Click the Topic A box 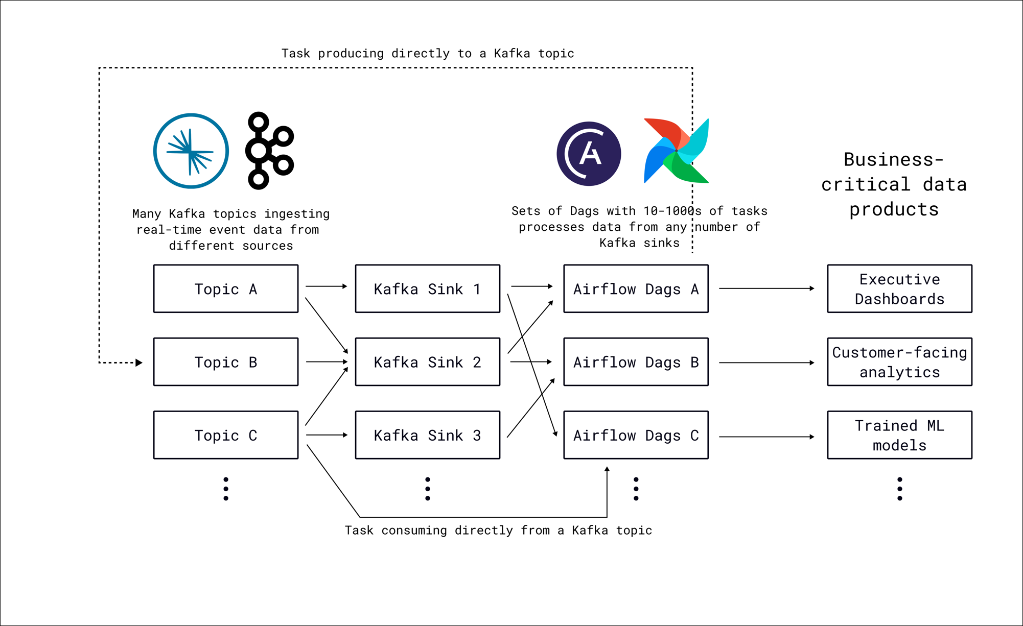click(x=225, y=288)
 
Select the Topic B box click(x=225, y=362)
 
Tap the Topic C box click(x=225, y=435)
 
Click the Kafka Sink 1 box click(x=427, y=288)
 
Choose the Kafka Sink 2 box click(x=427, y=362)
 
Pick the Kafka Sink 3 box click(x=427, y=435)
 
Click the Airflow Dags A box click(x=636, y=288)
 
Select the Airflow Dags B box click(x=636, y=362)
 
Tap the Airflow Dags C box click(x=636, y=435)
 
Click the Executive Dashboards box click(x=899, y=288)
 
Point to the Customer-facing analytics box click(x=899, y=362)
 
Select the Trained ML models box click(x=899, y=435)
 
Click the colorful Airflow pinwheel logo click(x=676, y=151)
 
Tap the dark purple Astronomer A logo click(x=589, y=153)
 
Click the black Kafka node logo click(x=269, y=151)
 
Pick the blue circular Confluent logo click(x=191, y=151)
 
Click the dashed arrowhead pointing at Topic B click(x=138, y=363)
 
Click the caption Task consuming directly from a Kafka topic click(x=498, y=530)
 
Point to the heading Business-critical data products click(x=894, y=184)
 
